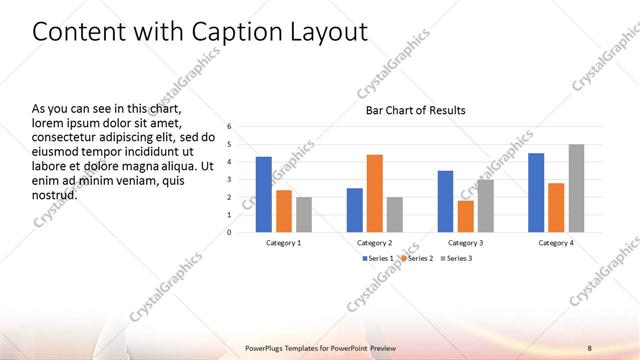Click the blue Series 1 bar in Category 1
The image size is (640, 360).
point(263,194)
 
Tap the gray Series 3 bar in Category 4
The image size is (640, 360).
point(576,188)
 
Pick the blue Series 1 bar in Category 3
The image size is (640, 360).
point(445,201)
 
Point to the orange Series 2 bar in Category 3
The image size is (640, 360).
point(465,216)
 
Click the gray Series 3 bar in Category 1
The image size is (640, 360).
point(304,214)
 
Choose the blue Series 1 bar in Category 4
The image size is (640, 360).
point(536,192)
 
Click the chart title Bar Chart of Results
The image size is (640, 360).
point(414,110)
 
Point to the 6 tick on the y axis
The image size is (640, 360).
point(230,127)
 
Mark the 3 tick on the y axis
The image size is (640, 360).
point(230,180)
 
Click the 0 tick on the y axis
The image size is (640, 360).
point(230,233)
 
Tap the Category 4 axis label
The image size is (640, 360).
point(556,243)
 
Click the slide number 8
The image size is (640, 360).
point(589,348)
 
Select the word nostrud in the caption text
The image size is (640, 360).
point(55,194)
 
